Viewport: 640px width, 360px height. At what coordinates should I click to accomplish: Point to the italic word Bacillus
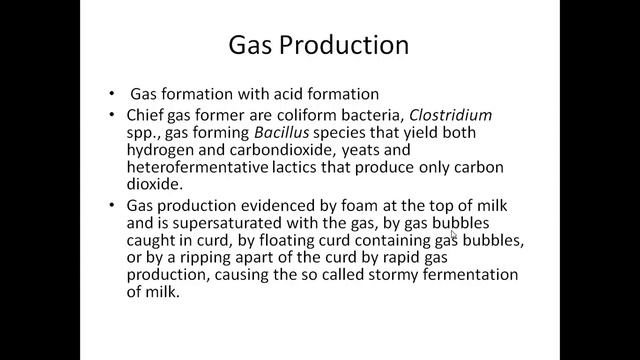(x=265, y=134)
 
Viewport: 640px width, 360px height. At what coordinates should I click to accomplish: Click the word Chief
(x=148, y=116)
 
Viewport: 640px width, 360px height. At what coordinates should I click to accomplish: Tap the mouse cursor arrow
(x=453, y=235)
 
